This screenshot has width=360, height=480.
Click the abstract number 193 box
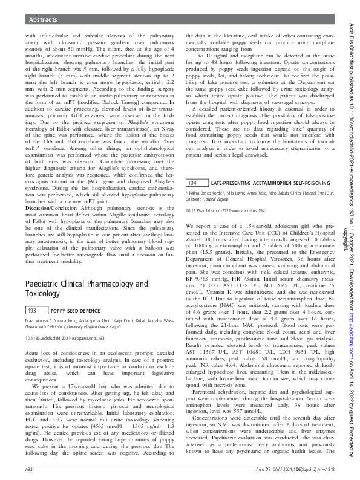tap(34, 310)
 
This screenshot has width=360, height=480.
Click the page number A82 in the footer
tap(28, 469)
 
